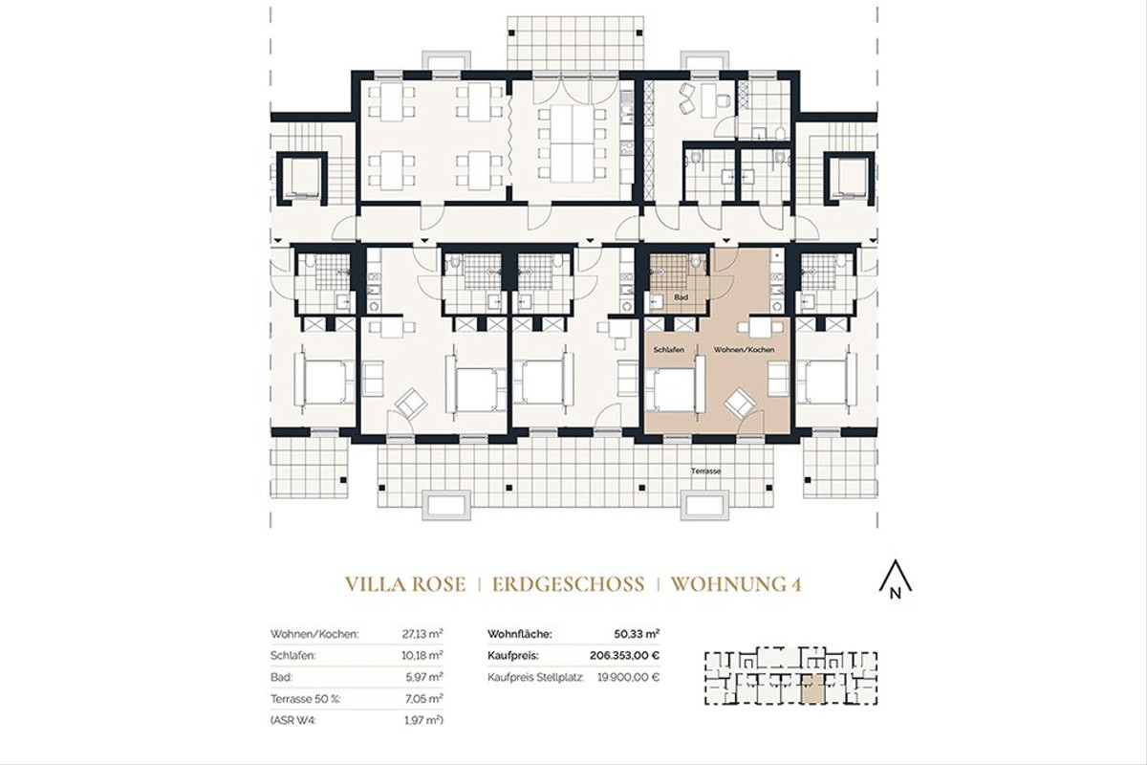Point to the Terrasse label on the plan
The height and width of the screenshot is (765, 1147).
click(x=707, y=471)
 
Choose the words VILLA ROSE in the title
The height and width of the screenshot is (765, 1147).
click(x=404, y=584)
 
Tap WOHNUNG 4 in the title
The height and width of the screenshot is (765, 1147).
click(x=735, y=584)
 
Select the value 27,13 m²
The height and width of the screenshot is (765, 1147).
click(x=423, y=633)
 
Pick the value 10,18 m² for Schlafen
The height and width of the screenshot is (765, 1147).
click(x=423, y=655)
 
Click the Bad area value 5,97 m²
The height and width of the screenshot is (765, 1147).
click(x=425, y=677)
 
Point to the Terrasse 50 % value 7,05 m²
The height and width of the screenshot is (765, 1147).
click(x=424, y=699)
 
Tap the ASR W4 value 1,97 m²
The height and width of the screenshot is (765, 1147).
click(x=425, y=721)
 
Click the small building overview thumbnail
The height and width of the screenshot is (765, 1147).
click(x=790, y=678)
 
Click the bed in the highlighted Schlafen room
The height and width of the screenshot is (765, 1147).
click(x=673, y=387)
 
